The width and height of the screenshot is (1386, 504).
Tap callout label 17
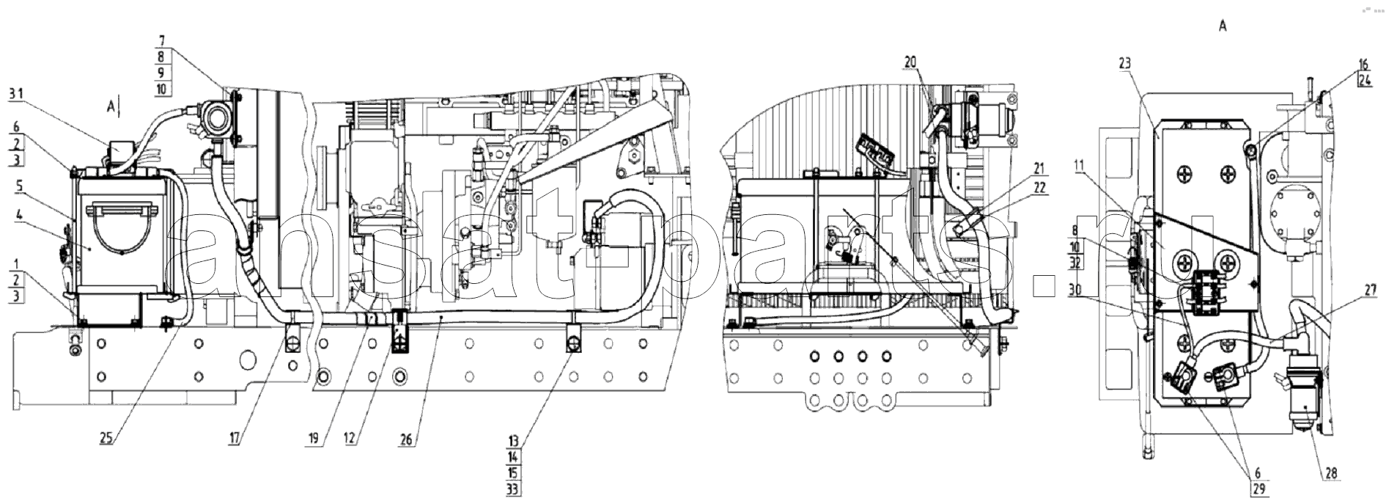235,439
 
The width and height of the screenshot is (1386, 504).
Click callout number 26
408,439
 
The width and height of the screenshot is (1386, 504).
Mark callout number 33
516,489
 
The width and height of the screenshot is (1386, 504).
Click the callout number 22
1039,188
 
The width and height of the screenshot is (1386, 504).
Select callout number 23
1125,63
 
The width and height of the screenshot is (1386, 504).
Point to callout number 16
1363,65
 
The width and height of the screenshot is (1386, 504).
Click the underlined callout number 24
1363,81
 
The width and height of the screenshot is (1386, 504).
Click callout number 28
1331,474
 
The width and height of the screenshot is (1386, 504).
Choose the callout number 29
1258,489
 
